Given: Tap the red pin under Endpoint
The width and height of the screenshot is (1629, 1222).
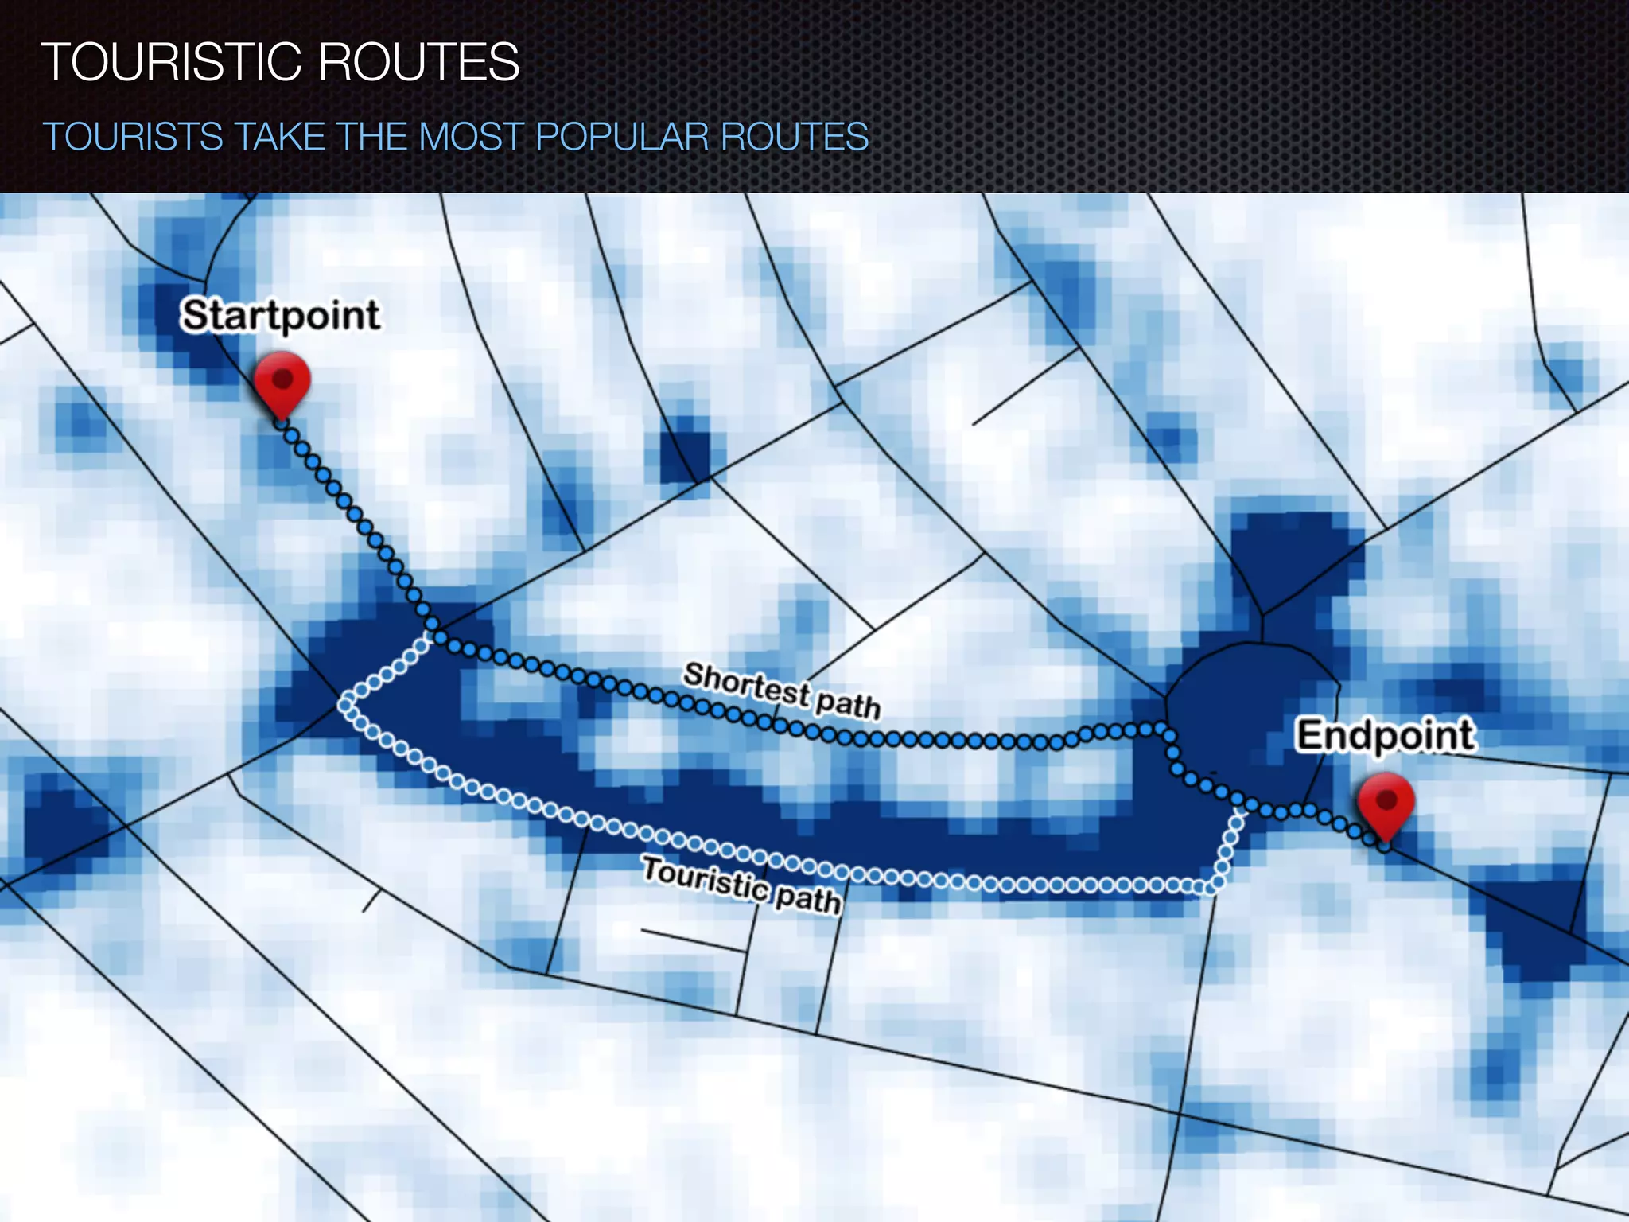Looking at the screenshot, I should pyautogui.click(x=1386, y=804).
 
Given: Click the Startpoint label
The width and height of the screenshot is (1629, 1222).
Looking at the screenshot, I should pyautogui.click(x=280, y=315).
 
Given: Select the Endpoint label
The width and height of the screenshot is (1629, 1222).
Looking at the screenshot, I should pyautogui.click(x=1386, y=734).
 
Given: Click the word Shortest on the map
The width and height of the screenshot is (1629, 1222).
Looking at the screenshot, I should pyautogui.click(x=746, y=685).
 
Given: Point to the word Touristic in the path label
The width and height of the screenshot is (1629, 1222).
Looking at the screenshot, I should pyautogui.click(x=705, y=878).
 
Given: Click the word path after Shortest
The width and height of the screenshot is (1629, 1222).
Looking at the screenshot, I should pyautogui.click(x=848, y=705).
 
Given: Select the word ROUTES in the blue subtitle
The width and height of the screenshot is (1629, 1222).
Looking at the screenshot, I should pyautogui.click(x=795, y=136).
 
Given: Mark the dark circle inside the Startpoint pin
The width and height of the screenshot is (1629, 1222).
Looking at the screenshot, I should pyautogui.click(x=282, y=376).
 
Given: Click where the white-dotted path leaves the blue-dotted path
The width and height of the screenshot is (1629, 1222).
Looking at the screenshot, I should pyautogui.click(x=430, y=636).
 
